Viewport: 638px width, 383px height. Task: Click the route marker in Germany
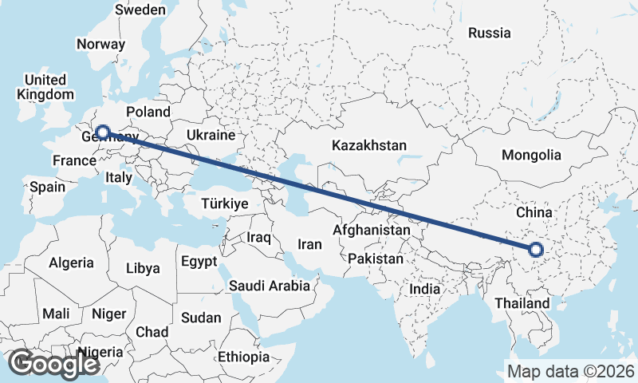pos(102,132)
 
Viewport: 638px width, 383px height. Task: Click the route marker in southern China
pos(535,251)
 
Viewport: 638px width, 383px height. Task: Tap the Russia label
pos(489,33)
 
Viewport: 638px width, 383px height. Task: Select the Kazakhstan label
pos(369,146)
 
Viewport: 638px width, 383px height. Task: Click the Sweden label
pos(140,10)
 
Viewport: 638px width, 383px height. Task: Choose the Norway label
pos(100,45)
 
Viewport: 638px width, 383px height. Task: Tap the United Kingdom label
pos(45,87)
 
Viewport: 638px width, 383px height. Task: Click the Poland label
pos(148,112)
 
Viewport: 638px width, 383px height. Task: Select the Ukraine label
pos(211,135)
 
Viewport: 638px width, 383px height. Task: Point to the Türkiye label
pos(225,204)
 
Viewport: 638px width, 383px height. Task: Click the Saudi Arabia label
pos(270,286)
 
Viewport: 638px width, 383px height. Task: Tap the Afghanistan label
pos(372,230)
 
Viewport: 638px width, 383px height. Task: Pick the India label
pos(424,290)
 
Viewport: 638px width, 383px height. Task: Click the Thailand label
pos(522,303)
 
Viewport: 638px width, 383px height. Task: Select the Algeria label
pos(72,263)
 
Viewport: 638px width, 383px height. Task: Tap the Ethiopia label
pos(243,357)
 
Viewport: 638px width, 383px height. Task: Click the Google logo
pos(53,364)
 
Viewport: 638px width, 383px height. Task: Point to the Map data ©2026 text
pos(570,371)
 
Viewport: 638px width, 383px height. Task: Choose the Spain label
pos(47,188)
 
